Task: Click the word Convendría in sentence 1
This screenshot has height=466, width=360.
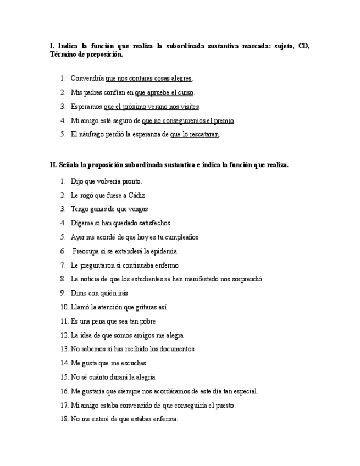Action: [87, 79]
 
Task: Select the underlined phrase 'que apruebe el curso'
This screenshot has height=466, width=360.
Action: [164, 92]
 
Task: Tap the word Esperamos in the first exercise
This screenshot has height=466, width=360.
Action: [86, 107]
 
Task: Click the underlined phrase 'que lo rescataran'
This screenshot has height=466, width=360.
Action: [195, 134]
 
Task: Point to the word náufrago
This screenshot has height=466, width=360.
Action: [96, 134]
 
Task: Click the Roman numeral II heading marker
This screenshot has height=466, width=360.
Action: [53, 164]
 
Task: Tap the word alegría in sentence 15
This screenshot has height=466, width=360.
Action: [143, 377]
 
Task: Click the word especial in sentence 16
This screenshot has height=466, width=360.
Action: [244, 391]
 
